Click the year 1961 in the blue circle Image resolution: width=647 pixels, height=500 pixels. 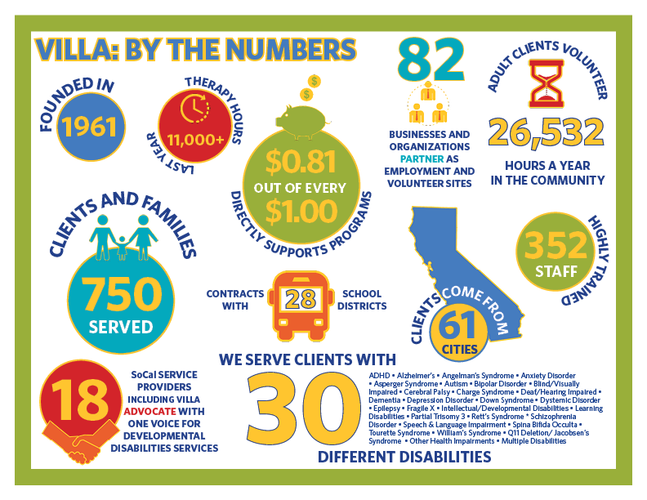(89, 127)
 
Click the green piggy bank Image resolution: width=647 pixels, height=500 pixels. (303, 121)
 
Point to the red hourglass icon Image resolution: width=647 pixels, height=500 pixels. (547, 84)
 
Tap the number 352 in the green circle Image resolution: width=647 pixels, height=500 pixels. (555, 245)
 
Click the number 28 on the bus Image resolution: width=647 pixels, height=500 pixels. (301, 299)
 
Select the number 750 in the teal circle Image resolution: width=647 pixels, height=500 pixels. (121, 294)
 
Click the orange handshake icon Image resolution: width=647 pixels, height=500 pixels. (82, 441)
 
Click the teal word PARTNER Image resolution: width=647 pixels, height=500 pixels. (422, 158)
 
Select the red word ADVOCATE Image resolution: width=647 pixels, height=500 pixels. (149, 411)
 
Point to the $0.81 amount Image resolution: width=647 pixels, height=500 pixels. (301, 162)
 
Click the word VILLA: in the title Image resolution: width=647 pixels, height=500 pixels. (77, 50)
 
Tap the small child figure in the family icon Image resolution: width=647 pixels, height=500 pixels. (121, 248)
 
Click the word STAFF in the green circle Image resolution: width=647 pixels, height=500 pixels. (556, 272)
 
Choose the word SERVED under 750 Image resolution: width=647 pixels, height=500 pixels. (121, 327)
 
